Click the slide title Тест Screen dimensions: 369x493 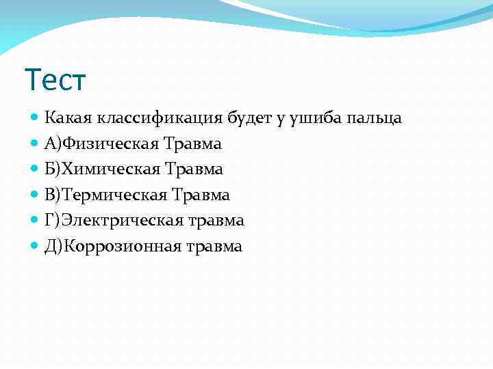(x=55, y=80)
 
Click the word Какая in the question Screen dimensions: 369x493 (x=63, y=118)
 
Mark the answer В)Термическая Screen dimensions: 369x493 (x=106, y=195)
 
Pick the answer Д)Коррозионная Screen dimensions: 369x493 (x=112, y=246)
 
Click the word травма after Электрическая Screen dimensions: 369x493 (x=216, y=221)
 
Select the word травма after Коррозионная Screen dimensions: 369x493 (x=214, y=246)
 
